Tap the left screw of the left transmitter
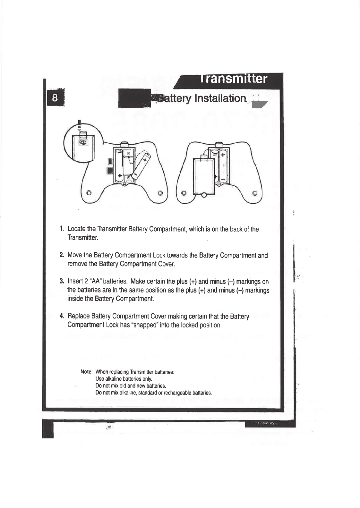pos(90,193)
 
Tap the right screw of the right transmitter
pos(255,193)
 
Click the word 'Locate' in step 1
pos(77,229)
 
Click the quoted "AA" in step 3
pos(98,282)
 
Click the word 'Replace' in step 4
pos(79,317)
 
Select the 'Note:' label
pos(87,372)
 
